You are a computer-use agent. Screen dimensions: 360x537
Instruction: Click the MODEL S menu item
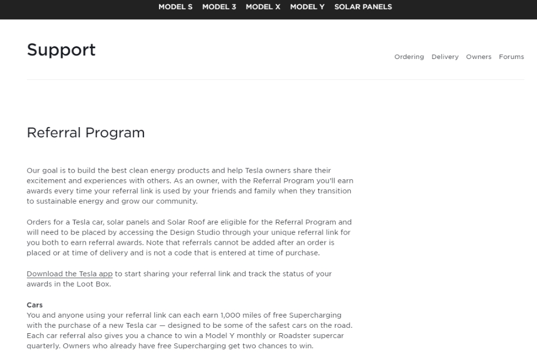pos(175,7)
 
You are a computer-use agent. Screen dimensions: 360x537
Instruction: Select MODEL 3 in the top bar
pos(219,7)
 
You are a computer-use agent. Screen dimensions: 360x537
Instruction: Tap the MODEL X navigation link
pos(263,7)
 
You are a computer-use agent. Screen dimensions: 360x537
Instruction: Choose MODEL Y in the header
pos(307,7)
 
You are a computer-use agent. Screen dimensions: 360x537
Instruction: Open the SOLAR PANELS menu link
pos(363,7)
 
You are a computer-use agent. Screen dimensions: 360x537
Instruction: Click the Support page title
pos(61,50)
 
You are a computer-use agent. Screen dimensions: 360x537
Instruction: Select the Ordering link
pos(409,57)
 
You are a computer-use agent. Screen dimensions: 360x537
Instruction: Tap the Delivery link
pos(445,57)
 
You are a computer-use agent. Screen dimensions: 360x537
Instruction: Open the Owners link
pos(478,57)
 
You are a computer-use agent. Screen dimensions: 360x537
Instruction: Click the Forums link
pos(511,57)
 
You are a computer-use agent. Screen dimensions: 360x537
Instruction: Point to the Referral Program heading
pos(86,133)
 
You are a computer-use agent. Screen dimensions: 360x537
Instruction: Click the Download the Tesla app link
pos(70,274)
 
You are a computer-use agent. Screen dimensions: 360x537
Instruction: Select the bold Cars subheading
pos(35,305)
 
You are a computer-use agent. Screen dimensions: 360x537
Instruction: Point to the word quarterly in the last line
pos(43,346)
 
